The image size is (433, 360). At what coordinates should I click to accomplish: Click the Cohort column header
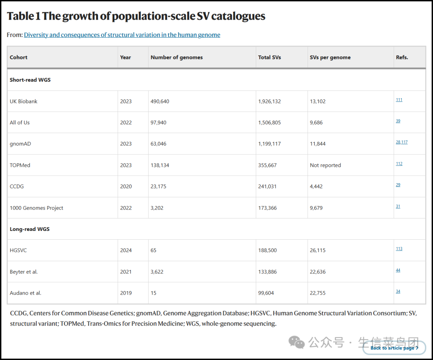click(x=18, y=57)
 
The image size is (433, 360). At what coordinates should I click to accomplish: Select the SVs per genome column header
click(x=330, y=57)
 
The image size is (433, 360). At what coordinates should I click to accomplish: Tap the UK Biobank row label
click(x=24, y=101)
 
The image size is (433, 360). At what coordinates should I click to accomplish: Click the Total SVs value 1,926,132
click(x=269, y=101)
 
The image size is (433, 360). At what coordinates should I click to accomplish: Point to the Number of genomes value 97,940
click(x=158, y=123)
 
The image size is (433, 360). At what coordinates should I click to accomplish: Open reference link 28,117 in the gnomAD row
click(x=401, y=142)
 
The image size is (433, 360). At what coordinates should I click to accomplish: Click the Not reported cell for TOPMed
click(x=325, y=165)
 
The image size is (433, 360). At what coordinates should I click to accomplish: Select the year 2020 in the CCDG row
click(x=125, y=186)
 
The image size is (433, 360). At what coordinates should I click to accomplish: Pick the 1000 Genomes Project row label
click(x=36, y=208)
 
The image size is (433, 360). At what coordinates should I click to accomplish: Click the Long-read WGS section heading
click(x=30, y=229)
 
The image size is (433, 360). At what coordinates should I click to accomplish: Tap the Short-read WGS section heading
click(x=30, y=80)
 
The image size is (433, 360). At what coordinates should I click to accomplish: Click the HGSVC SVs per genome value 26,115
click(x=318, y=251)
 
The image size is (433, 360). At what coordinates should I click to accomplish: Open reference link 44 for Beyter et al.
click(x=398, y=270)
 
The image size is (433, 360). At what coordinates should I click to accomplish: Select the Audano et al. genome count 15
click(x=153, y=293)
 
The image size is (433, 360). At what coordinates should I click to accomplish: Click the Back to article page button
click(x=394, y=348)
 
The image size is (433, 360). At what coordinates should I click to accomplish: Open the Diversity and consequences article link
click(x=122, y=35)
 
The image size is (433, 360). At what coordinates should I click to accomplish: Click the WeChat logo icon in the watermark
click(x=296, y=342)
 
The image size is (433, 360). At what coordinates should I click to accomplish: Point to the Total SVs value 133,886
click(x=267, y=272)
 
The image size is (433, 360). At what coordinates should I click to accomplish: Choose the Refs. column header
click(x=402, y=57)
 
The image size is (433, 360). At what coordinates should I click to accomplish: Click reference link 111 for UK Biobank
click(x=399, y=100)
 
